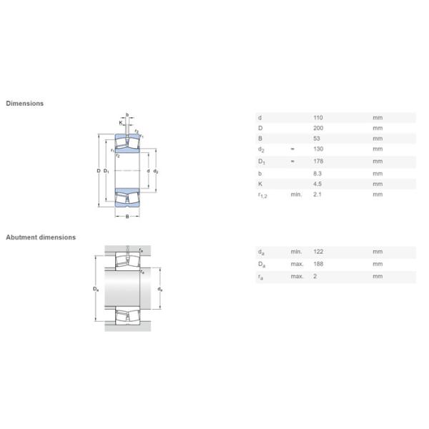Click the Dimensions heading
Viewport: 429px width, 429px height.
pos(24,104)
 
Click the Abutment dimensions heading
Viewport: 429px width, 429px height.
pos(41,237)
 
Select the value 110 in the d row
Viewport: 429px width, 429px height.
pos(318,118)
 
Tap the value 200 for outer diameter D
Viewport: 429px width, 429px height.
pos(318,128)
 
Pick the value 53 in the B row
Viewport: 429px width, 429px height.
pos(317,139)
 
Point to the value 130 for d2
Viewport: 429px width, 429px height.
pos(318,149)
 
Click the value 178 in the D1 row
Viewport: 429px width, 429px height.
pos(318,161)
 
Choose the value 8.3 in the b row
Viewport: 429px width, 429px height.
pos(317,174)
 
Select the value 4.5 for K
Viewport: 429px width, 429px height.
pos(317,184)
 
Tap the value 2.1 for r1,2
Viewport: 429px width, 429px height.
pos(317,194)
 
